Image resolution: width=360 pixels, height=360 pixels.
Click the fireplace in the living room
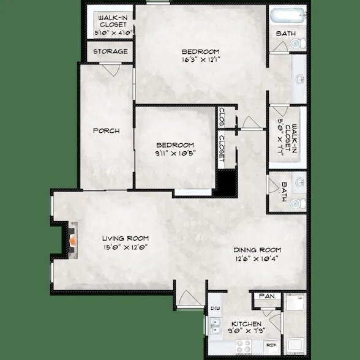[x=72, y=238]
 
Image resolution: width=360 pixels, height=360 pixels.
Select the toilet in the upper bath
[x=296, y=43]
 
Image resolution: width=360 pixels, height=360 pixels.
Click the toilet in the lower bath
[x=296, y=203]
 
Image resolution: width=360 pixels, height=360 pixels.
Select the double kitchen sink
[x=216, y=330]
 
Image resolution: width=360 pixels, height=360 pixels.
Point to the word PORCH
[x=105, y=130]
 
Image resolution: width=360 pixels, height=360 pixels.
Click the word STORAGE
[x=110, y=51]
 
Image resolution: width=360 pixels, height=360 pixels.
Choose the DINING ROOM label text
[x=257, y=249]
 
